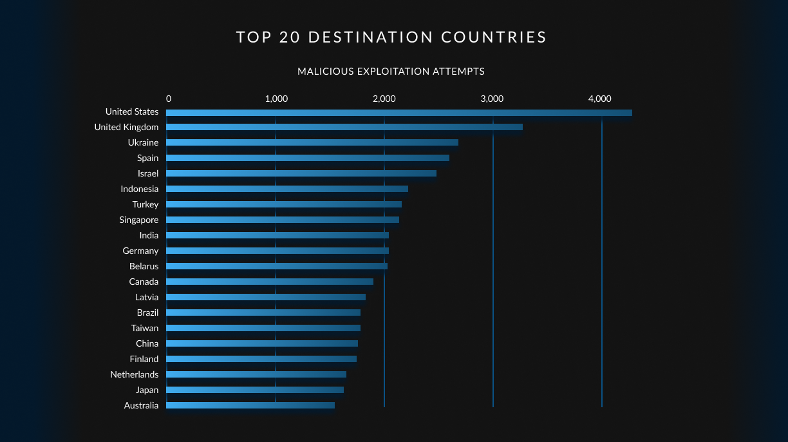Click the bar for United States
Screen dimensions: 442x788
pyautogui.click(x=399, y=113)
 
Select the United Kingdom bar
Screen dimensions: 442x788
pyautogui.click(x=344, y=127)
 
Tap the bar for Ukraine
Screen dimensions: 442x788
pyautogui.click(x=312, y=142)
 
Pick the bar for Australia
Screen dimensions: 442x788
pyautogui.click(x=250, y=405)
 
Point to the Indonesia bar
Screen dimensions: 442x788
pyautogui.click(x=286, y=189)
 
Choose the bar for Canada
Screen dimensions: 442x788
pyautogui.click(x=269, y=282)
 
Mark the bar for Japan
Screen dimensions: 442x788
pyautogui.click(x=254, y=390)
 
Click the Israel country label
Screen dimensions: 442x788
pyautogui.click(x=148, y=173)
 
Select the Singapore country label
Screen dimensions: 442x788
pyautogui.click(x=138, y=220)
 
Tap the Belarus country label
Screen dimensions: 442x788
pyautogui.click(x=144, y=266)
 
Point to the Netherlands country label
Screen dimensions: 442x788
pyautogui.click(x=134, y=374)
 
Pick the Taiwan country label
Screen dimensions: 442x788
pyautogui.click(x=145, y=328)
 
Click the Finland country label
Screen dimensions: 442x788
pyautogui.click(x=144, y=359)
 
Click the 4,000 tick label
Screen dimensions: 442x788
pyautogui.click(x=599, y=99)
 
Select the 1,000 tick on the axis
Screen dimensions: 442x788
pyautogui.click(x=276, y=99)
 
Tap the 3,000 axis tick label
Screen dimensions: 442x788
pyautogui.click(x=492, y=99)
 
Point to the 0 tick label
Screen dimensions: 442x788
pyautogui.click(x=169, y=99)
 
